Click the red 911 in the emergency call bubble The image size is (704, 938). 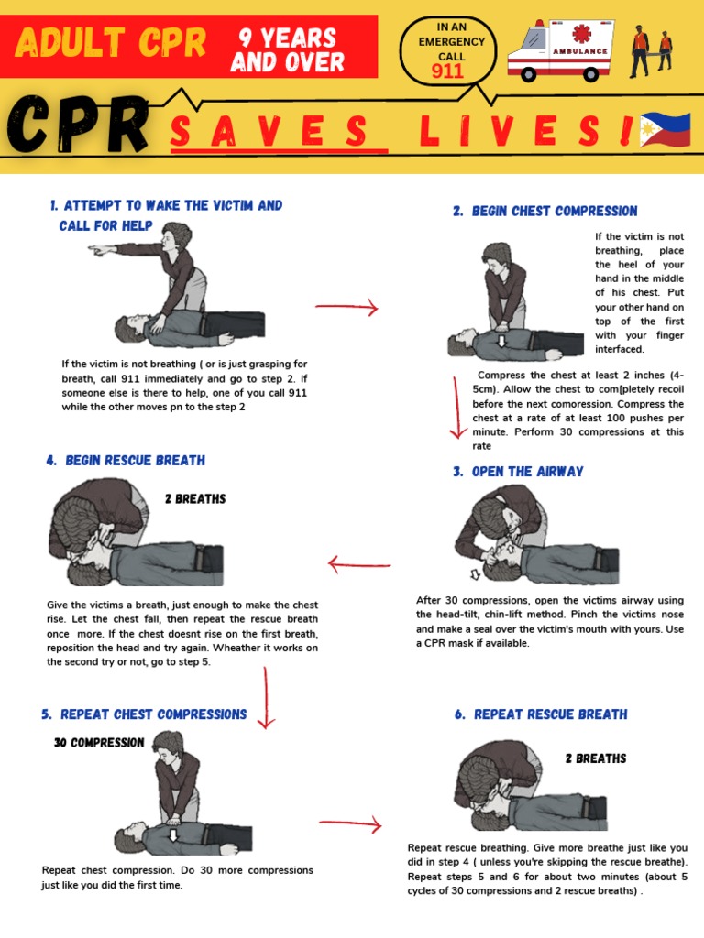tap(447, 71)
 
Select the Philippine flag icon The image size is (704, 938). tap(665, 131)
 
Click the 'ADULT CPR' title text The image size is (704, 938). tap(111, 43)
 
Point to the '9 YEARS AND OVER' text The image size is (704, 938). tap(287, 50)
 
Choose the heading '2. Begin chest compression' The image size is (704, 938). tap(545, 212)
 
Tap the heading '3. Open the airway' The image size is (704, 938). tap(518, 472)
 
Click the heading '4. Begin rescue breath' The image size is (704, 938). tap(126, 461)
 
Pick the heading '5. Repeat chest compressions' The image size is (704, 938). tap(144, 714)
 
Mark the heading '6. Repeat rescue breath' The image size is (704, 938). tap(541, 714)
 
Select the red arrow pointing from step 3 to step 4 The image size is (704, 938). tap(359, 564)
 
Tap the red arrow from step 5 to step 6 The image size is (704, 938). tap(350, 824)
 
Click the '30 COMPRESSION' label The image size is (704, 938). tap(99, 743)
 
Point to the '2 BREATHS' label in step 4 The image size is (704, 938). tap(195, 499)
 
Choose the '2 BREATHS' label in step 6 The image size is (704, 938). tap(596, 758)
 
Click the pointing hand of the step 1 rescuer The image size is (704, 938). tap(99, 249)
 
